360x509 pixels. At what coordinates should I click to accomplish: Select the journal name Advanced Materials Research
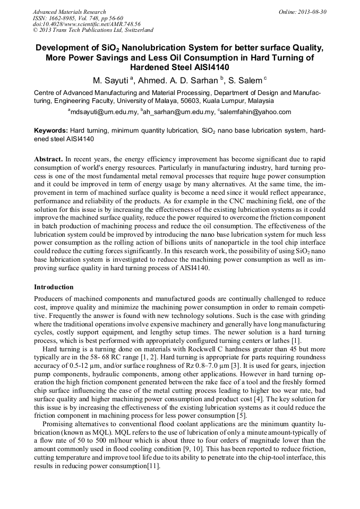click(70, 12)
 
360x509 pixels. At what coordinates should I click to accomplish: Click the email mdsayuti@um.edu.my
click(102, 113)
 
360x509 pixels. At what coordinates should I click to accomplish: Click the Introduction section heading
click(54, 287)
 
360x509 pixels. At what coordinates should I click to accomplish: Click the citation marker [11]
click(152, 466)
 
